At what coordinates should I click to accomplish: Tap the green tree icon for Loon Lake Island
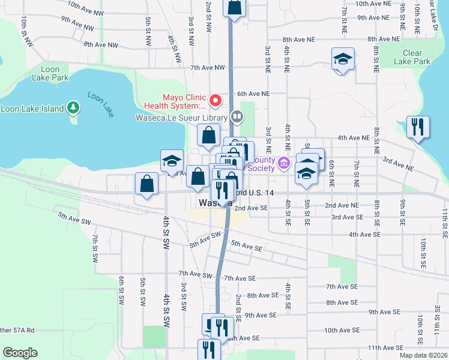[x=73, y=107]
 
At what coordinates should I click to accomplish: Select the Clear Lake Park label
[x=412, y=57]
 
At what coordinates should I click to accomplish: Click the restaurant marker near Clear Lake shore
[x=417, y=127]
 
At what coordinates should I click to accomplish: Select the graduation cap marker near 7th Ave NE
[x=343, y=59]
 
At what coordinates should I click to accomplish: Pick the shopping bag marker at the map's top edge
[x=234, y=8]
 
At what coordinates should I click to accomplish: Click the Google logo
[x=20, y=353]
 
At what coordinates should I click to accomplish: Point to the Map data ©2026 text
[x=423, y=355]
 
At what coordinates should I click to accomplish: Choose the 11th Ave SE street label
[x=385, y=347]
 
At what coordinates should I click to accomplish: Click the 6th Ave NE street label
[x=253, y=94]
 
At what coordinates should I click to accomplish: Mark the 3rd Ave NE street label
[x=398, y=161]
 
